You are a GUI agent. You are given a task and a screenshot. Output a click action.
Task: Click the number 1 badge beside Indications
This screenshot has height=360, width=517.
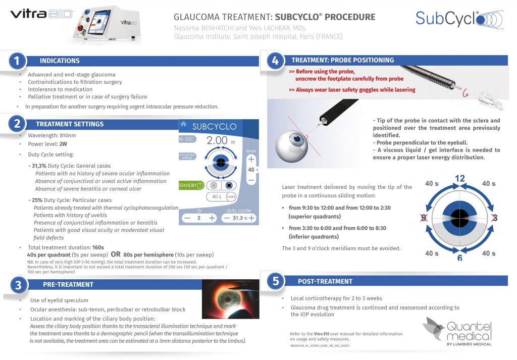click(17, 61)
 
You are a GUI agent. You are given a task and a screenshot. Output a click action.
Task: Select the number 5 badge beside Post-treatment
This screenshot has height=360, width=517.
click(276, 281)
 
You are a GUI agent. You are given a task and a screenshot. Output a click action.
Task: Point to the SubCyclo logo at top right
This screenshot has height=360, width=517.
click(454, 19)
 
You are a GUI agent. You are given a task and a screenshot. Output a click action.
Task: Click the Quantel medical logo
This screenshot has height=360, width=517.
click(457, 331)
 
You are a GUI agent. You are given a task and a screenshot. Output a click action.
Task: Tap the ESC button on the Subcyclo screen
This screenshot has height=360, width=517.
click(187, 138)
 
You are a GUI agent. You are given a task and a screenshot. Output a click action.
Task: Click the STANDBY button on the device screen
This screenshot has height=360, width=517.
click(190, 185)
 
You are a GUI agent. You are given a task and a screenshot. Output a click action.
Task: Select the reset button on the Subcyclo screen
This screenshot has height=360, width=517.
click(231, 196)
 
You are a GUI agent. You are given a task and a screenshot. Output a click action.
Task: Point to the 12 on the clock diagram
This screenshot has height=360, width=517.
click(459, 178)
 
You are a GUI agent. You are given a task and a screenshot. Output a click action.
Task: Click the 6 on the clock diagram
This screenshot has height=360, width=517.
click(460, 258)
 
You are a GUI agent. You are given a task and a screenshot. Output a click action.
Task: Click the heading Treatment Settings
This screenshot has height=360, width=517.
click(70, 124)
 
